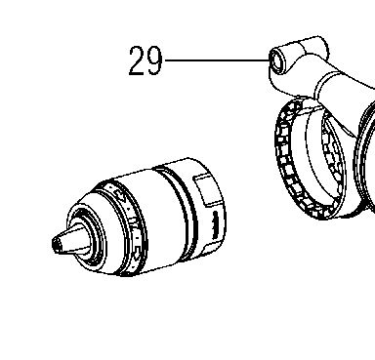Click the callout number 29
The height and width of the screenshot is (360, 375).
point(146,60)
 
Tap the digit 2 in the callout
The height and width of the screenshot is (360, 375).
point(137,60)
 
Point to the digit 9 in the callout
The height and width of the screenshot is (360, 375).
point(153,60)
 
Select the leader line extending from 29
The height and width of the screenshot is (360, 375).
point(218,60)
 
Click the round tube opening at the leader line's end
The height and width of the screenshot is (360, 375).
point(277,60)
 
